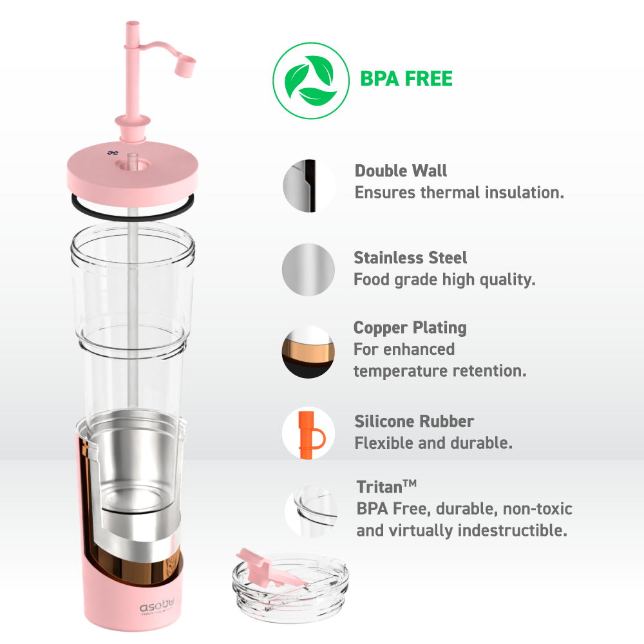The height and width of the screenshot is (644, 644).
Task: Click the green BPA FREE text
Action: (x=406, y=79)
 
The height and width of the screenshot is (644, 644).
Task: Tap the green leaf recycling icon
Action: (x=311, y=80)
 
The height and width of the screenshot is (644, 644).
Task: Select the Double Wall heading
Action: (x=401, y=171)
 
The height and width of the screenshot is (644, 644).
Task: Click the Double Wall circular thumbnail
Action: (x=309, y=185)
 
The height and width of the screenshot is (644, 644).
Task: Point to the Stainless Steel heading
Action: (x=410, y=258)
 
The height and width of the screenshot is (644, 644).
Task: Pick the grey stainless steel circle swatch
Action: (x=308, y=269)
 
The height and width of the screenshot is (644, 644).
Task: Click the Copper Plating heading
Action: (x=410, y=328)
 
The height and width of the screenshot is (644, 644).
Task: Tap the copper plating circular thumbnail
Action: (x=308, y=352)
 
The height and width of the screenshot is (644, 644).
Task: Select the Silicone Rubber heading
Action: (x=414, y=421)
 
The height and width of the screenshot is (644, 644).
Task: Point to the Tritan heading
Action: (x=386, y=487)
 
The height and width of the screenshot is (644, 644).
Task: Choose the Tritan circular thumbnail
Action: (x=311, y=511)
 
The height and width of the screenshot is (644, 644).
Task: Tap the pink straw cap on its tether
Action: (x=185, y=67)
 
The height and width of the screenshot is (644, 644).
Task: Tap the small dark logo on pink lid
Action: (x=113, y=153)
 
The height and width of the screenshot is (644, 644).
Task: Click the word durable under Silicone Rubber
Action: (x=481, y=443)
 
